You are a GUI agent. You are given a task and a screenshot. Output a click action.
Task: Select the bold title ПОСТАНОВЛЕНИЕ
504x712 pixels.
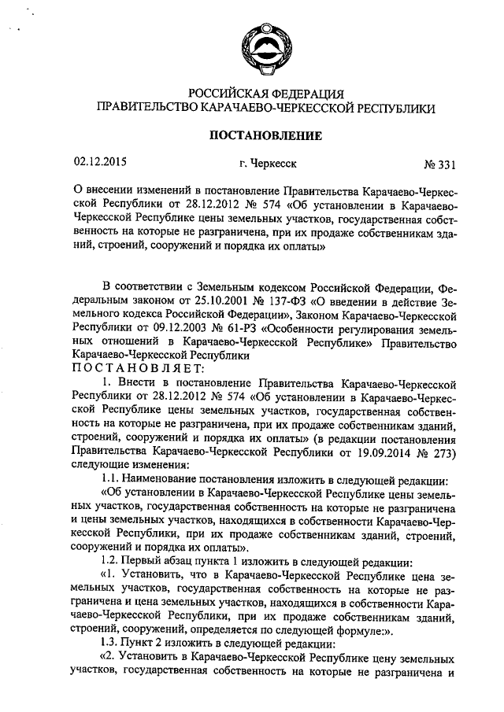[265, 135]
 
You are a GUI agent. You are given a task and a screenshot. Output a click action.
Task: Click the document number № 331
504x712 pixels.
[439, 164]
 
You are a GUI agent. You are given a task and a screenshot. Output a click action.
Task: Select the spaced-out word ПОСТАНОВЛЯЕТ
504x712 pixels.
[138, 367]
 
